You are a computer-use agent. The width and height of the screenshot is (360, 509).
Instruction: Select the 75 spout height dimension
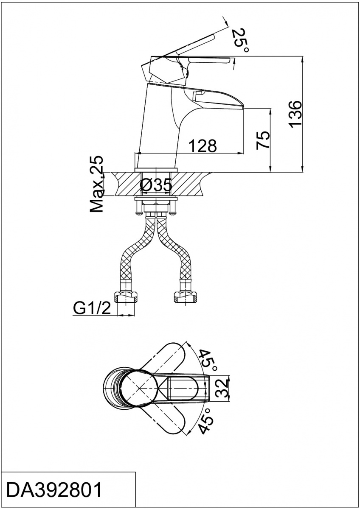click(264, 140)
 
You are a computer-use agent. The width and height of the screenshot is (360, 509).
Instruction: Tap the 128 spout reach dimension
click(202, 145)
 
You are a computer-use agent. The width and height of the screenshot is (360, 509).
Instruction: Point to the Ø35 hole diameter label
click(156, 185)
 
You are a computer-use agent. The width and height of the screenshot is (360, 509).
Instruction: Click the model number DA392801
click(55, 490)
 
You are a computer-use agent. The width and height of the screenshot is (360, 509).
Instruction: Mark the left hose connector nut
click(127, 297)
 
